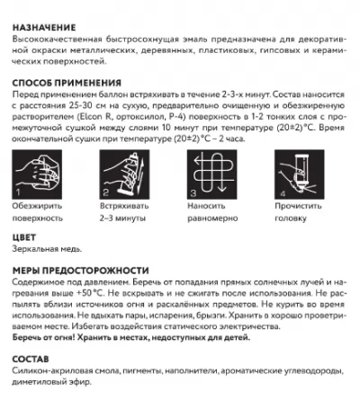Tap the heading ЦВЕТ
click(26, 237)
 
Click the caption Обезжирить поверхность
click(43, 212)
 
